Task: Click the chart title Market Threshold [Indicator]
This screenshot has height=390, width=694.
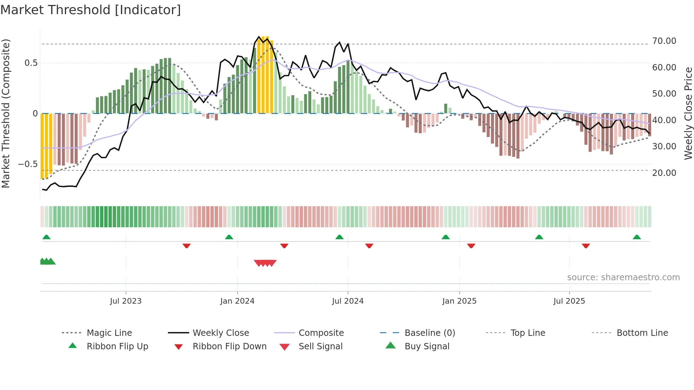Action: pyautogui.click(x=91, y=10)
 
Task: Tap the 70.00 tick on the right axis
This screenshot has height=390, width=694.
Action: pyautogui.click(x=664, y=41)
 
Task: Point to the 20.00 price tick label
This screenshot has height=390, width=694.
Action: pyautogui.click(x=664, y=173)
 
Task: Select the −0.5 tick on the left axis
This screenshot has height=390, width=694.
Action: pyautogui.click(x=28, y=164)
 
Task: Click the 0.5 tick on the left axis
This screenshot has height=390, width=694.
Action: pyautogui.click(x=31, y=63)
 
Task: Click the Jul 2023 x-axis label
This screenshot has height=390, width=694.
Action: pyautogui.click(x=125, y=301)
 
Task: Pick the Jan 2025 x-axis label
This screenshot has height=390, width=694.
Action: pyautogui.click(x=459, y=301)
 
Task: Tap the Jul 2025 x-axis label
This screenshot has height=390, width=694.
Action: pyautogui.click(x=569, y=301)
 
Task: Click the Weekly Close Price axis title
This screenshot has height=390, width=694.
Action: pyautogui.click(x=688, y=113)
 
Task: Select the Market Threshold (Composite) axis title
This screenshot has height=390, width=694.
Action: pyautogui.click(x=6, y=113)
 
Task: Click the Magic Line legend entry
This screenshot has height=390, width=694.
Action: pyautogui.click(x=109, y=333)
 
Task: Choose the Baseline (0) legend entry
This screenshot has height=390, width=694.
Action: pyautogui.click(x=430, y=333)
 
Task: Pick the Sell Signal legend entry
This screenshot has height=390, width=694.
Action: pyautogui.click(x=320, y=346)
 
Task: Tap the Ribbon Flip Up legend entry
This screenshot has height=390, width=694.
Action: pyautogui.click(x=117, y=346)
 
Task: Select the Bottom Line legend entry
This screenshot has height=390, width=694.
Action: pyautogui.click(x=642, y=333)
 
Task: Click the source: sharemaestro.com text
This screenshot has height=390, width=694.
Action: pyautogui.click(x=623, y=277)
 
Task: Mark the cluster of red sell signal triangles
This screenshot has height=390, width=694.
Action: pyautogui.click(x=265, y=263)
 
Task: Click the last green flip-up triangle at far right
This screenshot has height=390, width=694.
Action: pyautogui.click(x=637, y=237)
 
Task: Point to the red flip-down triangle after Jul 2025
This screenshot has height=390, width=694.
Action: pyautogui.click(x=586, y=246)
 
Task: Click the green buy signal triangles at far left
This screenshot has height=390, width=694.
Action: pyautogui.click(x=47, y=262)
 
